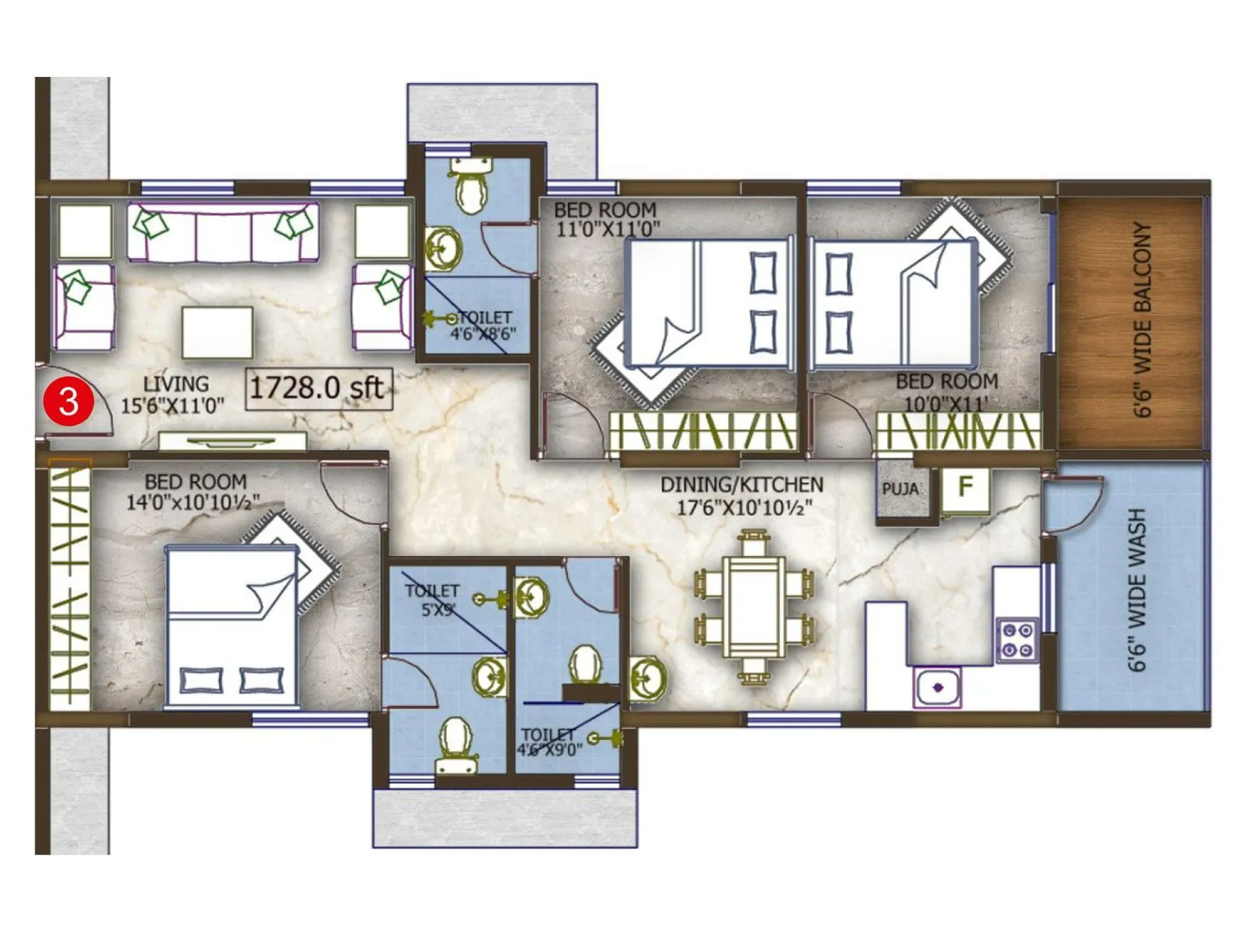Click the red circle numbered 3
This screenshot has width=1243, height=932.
click(69, 401)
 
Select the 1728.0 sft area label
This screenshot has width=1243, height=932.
click(318, 387)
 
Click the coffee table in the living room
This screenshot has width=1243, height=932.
click(218, 332)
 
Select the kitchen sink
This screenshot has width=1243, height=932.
click(937, 687)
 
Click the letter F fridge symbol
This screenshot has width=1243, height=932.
click(966, 487)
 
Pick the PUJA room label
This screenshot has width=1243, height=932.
click(900, 489)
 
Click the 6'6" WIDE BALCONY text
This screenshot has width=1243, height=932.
click(1141, 319)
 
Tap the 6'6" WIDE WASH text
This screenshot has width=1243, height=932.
click(1136, 589)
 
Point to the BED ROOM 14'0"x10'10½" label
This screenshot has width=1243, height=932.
click(194, 492)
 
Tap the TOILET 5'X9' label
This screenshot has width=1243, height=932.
click(433, 600)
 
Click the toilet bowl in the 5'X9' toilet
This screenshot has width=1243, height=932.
click(455, 741)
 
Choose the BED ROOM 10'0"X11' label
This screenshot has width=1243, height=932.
click(946, 391)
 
